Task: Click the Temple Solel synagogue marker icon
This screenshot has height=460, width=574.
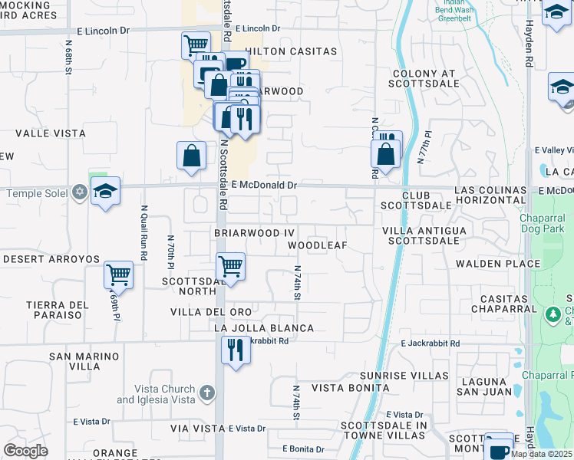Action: pyautogui.click(x=79, y=192)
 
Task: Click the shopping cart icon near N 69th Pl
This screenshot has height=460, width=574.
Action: pyautogui.click(x=118, y=274)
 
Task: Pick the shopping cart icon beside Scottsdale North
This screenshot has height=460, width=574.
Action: pyautogui.click(x=230, y=266)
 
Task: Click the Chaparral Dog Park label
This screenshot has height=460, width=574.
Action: pyautogui.click(x=546, y=223)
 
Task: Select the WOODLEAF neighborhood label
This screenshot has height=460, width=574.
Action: pyautogui.click(x=318, y=245)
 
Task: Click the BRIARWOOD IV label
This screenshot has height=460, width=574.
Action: pyautogui.click(x=254, y=232)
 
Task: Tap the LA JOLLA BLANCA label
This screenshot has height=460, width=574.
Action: pyautogui.click(x=264, y=328)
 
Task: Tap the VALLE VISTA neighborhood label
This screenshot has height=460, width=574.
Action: pyautogui.click(x=51, y=133)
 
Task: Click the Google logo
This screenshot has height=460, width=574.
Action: pyautogui.click(x=25, y=451)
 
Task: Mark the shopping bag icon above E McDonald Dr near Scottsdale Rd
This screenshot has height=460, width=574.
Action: pyautogui.click(x=191, y=156)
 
